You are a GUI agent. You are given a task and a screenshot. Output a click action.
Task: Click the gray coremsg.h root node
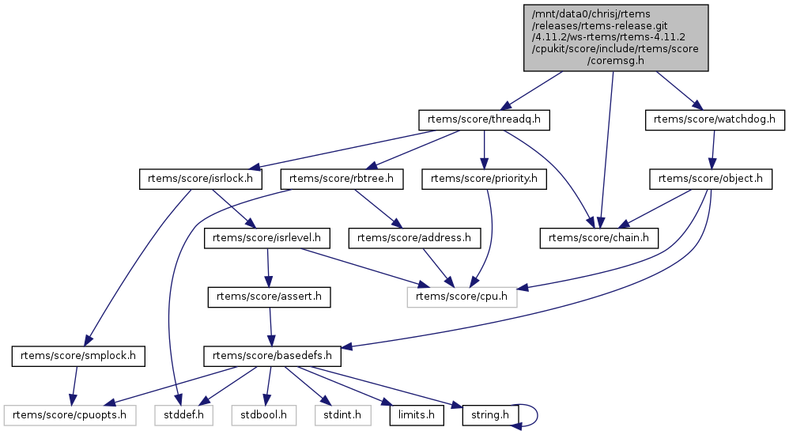[x=614, y=38]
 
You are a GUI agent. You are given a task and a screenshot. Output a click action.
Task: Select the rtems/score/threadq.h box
[x=484, y=119]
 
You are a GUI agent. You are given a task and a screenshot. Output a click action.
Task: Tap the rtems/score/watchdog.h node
[x=715, y=119]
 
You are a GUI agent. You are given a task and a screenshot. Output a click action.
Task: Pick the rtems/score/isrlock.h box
[x=201, y=179]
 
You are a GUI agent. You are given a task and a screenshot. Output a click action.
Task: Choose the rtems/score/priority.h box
[x=485, y=179]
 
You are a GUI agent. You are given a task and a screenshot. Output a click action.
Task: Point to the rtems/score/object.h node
[x=711, y=179]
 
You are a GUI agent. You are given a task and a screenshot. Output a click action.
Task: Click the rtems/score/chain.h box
[x=599, y=237]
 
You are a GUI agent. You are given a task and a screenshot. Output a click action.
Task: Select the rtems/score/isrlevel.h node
[x=268, y=237]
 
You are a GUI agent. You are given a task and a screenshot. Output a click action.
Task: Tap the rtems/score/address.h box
[x=415, y=237]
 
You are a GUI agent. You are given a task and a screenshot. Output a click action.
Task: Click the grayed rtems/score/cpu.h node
[x=462, y=297]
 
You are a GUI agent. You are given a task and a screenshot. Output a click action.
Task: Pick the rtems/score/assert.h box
[x=269, y=297]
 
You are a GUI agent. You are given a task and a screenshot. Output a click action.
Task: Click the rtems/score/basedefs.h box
[x=273, y=356]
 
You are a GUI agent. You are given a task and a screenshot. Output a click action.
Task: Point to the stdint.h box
[x=340, y=414]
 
